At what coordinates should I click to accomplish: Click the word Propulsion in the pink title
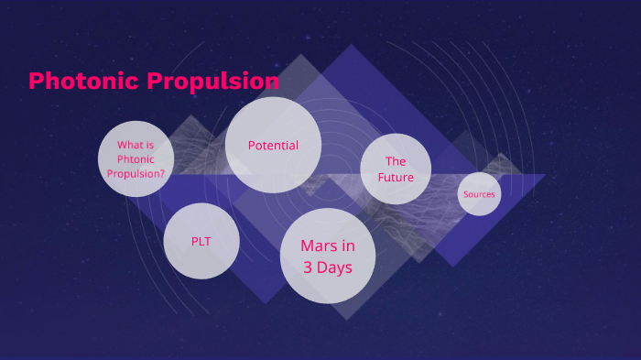pyautogui.click(x=212, y=82)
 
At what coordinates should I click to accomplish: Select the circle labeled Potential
pyautogui.click(x=273, y=145)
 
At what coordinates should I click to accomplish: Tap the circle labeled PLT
pyautogui.click(x=201, y=241)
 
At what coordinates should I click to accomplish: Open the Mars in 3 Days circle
pyautogui.click(x=328, y=256)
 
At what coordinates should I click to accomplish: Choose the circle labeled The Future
pyautogui.click(x=396, y=169)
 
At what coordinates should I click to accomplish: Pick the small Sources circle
pyautogui.click(x=479, y=194)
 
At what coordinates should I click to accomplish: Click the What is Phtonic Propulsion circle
pyautogui.click(x=136, y=158)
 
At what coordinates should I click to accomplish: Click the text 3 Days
pyautogui.click(x=328, y=267)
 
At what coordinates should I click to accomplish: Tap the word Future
pyautogui.click(x=396, y=177)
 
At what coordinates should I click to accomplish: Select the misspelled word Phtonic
pyautogui.click(x=136, y=158)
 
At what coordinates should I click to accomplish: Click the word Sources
pyautogui.click(x=479, y=194)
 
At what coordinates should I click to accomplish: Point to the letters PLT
pyautogui.click(x=201, y=241)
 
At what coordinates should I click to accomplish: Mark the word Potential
pyautogui.click(x=273, y=145)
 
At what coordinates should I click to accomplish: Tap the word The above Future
pyautogui.click(x=396, y=161)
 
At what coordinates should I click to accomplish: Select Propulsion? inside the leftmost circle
pyautogui.click(x=136, y=172)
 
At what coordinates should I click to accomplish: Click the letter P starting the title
pyautogui.click(x=37, y=82)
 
